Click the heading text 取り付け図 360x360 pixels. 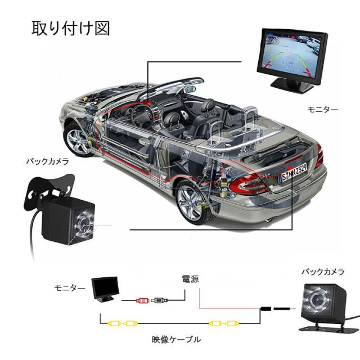tap(70, 28)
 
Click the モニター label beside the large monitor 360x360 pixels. tap(323, 109)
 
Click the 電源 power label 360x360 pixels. tap(190, 280)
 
